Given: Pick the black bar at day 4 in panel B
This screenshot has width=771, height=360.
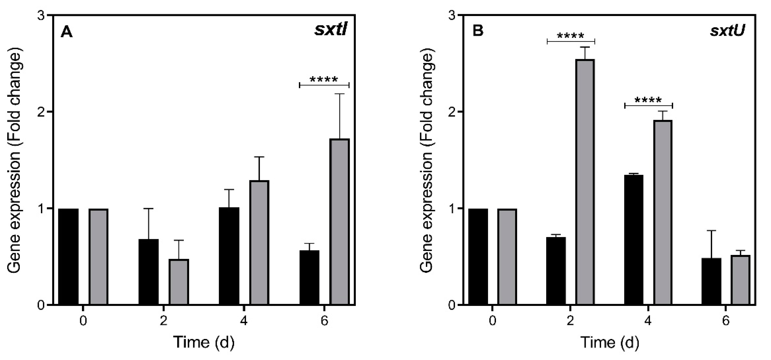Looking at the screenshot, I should (x=634, y=240).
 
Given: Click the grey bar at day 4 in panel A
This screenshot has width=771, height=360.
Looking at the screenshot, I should (x=259, y=242).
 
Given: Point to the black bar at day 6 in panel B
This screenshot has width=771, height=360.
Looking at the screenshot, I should (x=711, y=281).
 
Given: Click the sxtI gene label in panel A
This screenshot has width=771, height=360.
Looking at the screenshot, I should (x=331, y=30).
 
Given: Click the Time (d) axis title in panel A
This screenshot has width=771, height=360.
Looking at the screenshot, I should (x=203, y=342).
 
